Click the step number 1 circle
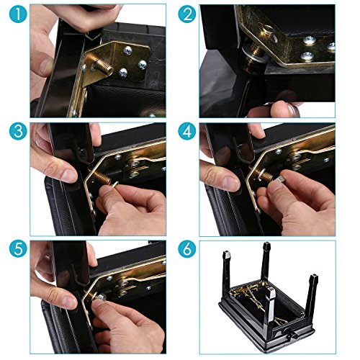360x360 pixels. click(x=18, y=14)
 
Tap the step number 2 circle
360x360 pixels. click(x=187, y=14)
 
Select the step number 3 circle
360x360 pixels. click(x=18, y=131)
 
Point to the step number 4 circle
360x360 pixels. click(x=187, y=131)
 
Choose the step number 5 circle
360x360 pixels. click(x=18, y=248)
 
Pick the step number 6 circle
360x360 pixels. click(x=187, y=248)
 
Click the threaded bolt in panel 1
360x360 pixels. click(x=102, y=66)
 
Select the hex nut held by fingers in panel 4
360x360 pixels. click(x=280, y=179)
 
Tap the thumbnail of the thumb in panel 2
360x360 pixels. click(x=293, y=109)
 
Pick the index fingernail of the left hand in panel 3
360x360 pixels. click(x=70, y=176)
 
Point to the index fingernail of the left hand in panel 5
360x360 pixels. click(x=70, y=302)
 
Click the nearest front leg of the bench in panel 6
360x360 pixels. click(x=270, y=310)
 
